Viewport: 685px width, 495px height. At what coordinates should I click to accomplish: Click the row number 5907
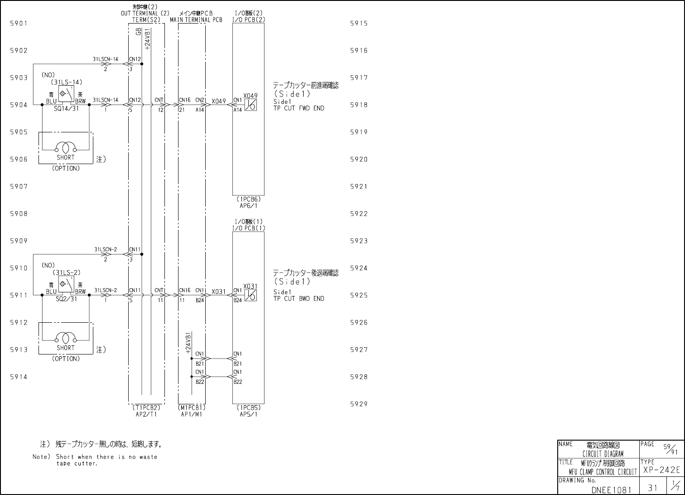19,187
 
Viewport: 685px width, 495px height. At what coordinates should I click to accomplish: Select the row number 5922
359,214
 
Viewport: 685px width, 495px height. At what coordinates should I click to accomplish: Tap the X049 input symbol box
250,105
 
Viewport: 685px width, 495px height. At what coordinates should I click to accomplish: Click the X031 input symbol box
250,295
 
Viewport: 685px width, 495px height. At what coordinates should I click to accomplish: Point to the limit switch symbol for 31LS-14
66,93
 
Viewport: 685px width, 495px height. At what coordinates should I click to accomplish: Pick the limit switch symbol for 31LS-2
66,283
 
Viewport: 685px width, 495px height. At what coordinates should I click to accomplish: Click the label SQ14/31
67,109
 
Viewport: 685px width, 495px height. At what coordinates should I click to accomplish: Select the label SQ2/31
67,299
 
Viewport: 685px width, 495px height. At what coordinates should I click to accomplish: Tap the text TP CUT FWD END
299,108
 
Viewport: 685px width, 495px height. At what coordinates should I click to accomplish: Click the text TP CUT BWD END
299,299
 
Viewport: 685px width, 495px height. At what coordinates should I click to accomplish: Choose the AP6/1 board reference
248,205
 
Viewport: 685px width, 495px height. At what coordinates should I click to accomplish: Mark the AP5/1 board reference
248,414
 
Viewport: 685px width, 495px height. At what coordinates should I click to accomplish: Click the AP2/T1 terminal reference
146,414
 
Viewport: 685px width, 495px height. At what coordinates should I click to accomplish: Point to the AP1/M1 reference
192,414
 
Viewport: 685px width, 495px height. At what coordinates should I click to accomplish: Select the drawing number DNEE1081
611,490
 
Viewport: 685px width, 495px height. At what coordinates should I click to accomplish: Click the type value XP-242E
661,470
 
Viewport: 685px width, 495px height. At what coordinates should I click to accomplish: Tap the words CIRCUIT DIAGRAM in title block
603,454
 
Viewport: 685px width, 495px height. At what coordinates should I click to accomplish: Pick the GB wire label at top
138,31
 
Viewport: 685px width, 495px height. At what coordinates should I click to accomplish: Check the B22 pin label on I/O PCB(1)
238,382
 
